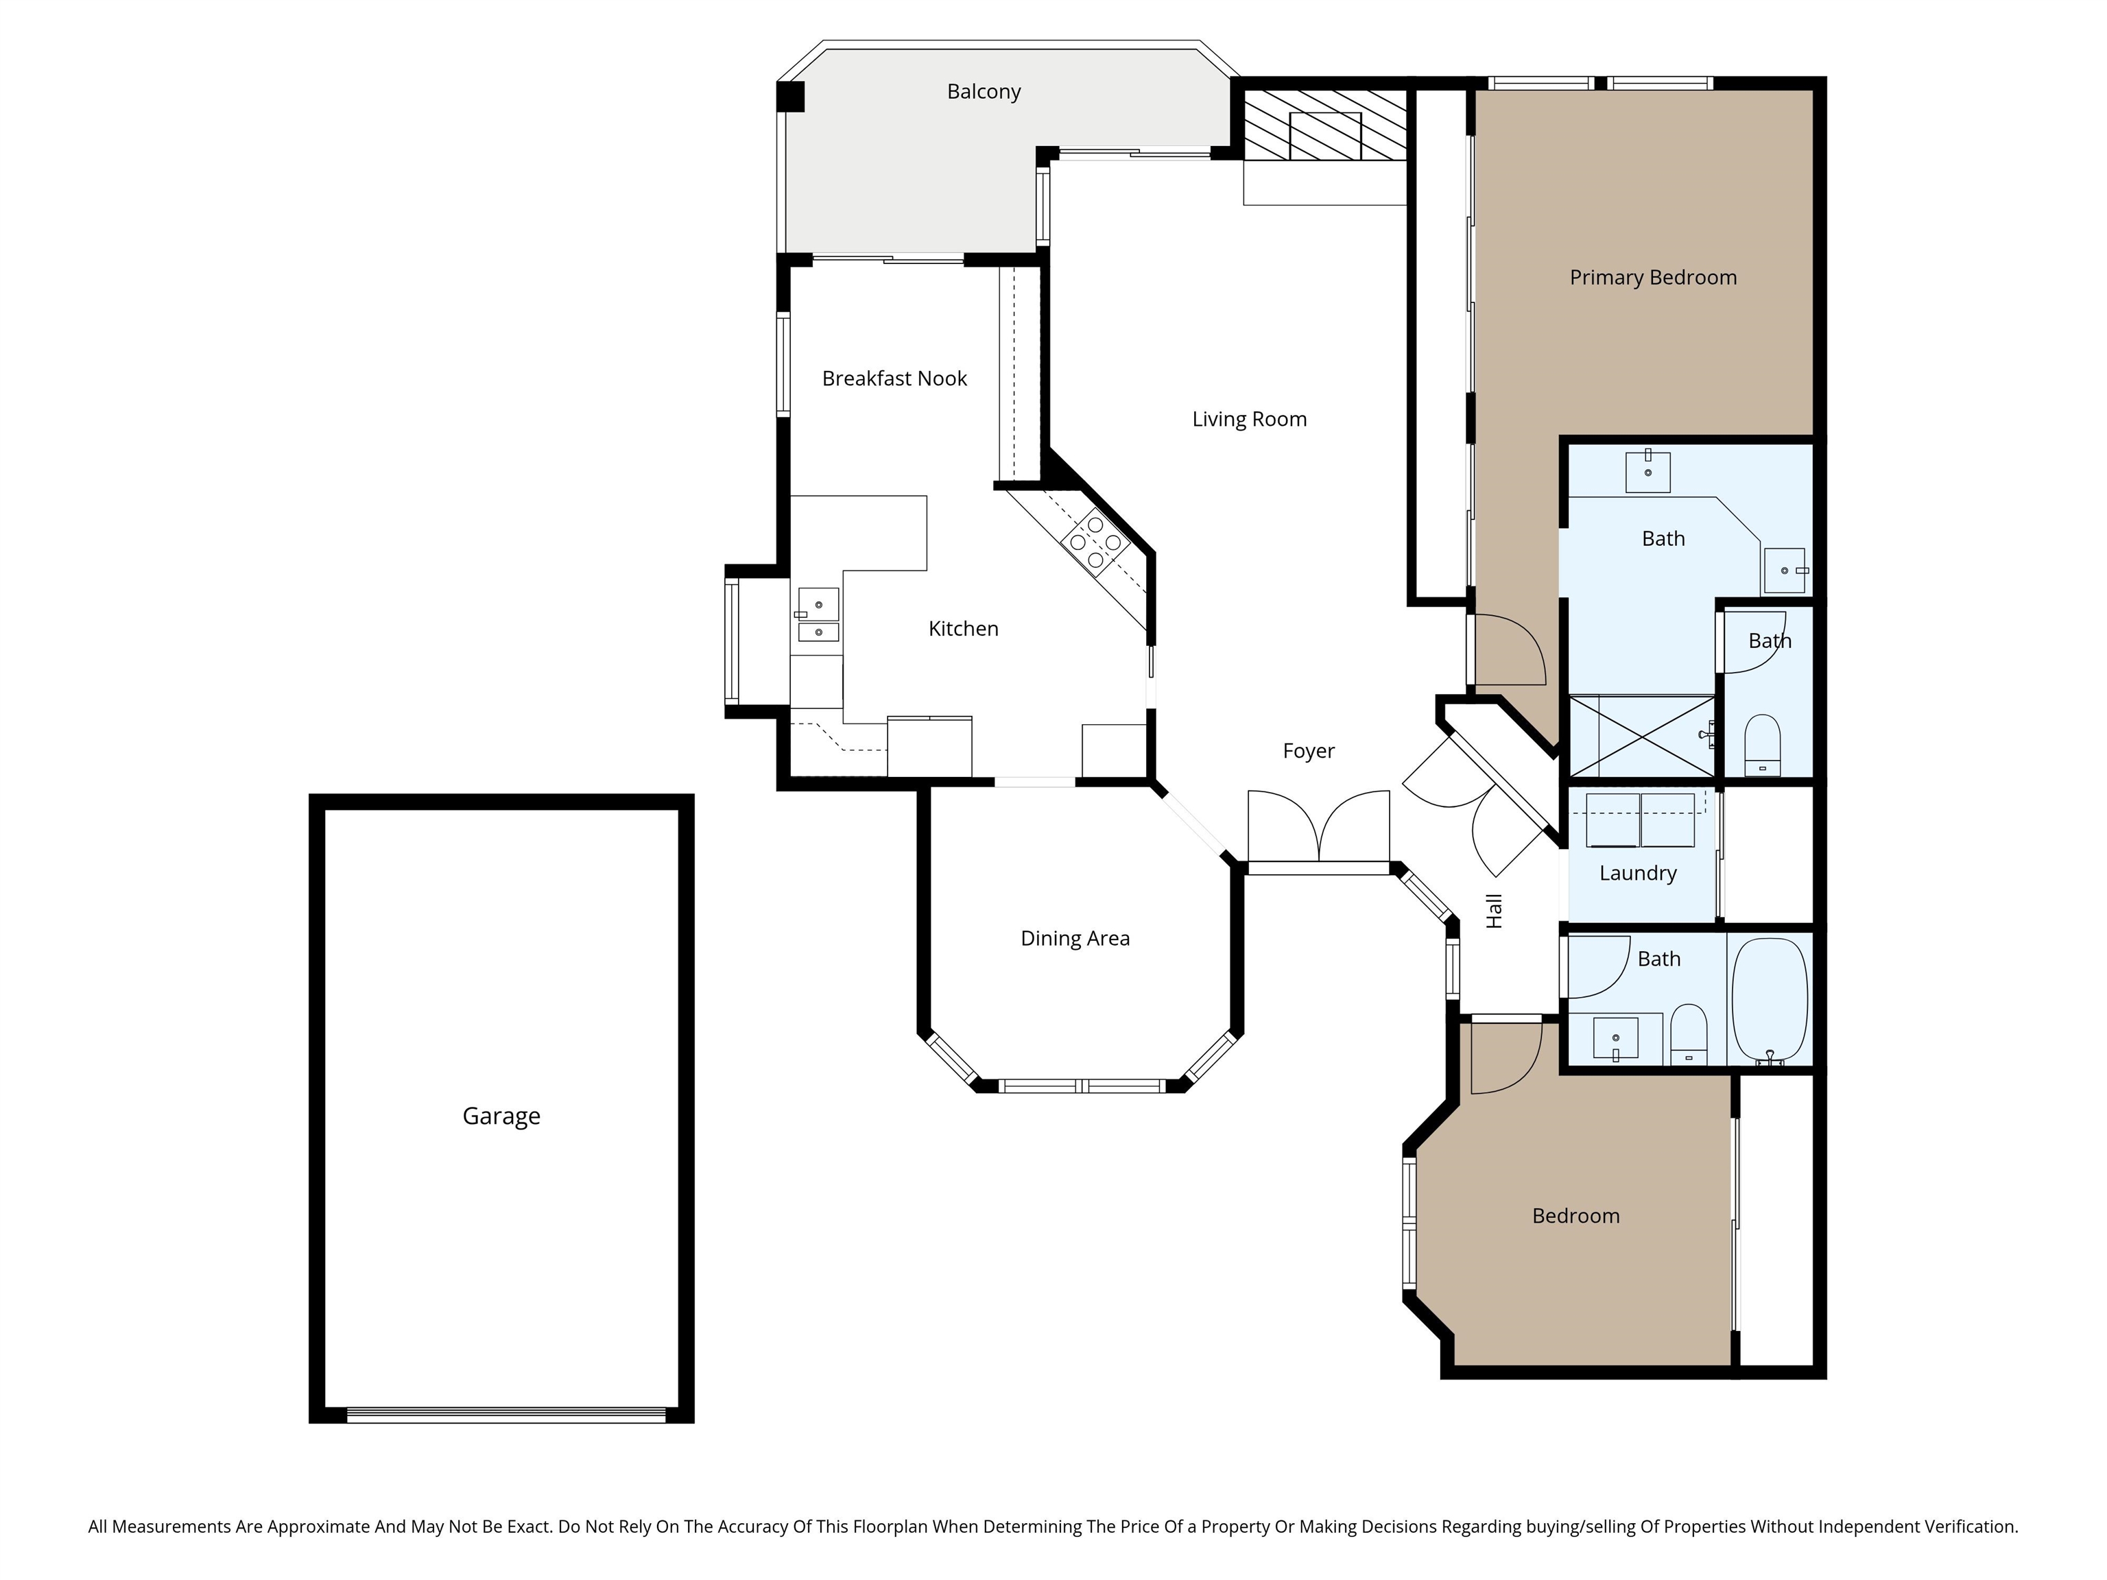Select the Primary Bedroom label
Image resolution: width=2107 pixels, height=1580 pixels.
click(1653, 277)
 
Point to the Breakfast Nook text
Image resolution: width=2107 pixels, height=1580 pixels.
click(894, 378)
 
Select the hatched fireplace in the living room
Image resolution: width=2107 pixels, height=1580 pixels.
click(1325, 125)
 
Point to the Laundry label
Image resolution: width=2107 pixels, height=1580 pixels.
click(1637, 872)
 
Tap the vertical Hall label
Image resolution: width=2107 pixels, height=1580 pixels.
click(1494, 911)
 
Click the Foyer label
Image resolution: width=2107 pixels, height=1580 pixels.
click(1308, 750)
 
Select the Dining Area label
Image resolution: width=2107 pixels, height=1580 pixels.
click(1075, 938)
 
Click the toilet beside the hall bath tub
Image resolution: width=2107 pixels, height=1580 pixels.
click(1689, 1033)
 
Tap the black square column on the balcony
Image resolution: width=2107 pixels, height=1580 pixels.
click(791, 96)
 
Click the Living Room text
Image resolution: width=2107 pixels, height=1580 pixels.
click(1249, 419)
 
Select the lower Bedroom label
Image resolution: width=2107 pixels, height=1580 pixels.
click(1575, 1215)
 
